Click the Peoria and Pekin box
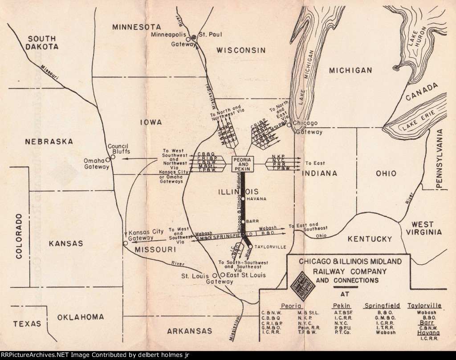pos(243,164)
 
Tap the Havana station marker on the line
pos(243,198)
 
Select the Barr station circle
pos(243,221)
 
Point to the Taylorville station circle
pos(250,247)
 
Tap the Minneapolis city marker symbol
pos(194,37)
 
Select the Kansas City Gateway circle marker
pos(126,243)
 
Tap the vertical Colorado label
pos(19,236)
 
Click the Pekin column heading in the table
pos(342,306)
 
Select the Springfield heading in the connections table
pos(382,306)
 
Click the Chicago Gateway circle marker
pos(289,125)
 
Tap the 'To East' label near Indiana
pos(315,163)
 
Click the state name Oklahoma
pos(81,317)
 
